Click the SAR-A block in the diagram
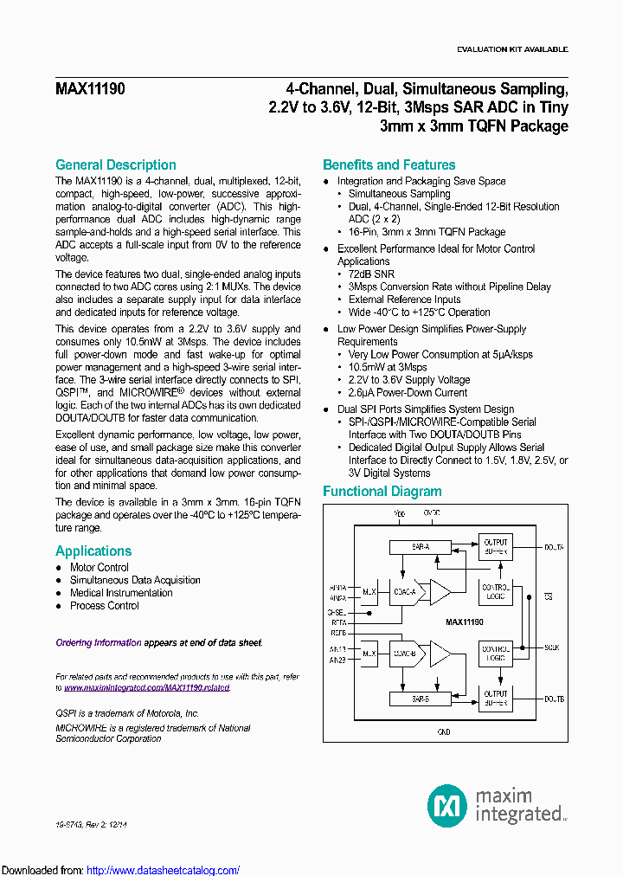click(409, 547)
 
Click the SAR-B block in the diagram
click(409, 698)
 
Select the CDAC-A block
click(404, 592)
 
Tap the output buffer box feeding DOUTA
click(496, 547)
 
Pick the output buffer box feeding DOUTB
click(496, 698)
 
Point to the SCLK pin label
click(553, 647)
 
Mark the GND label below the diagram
click(443, 731)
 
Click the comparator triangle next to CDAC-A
click(440, 592)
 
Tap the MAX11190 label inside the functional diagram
click(464, 622)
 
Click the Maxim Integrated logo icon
click(446, 806)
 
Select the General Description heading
click(115, 164)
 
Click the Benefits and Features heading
click(389, 164)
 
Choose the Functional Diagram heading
click(382, 491)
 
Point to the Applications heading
click(93, 551)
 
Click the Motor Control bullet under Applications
click(100, 568)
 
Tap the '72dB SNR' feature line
click(373, 274)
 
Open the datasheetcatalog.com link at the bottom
click(164, 870)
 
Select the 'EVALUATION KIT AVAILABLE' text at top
click(511, 49)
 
